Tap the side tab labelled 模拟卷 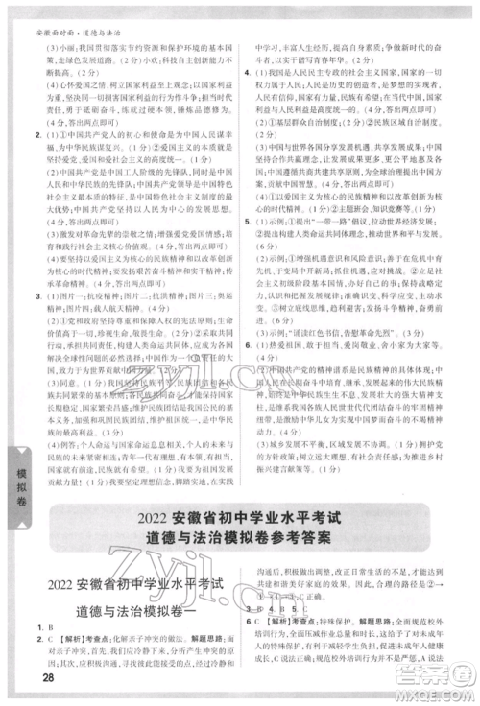coord(16,479)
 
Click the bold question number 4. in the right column coord(248,73)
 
